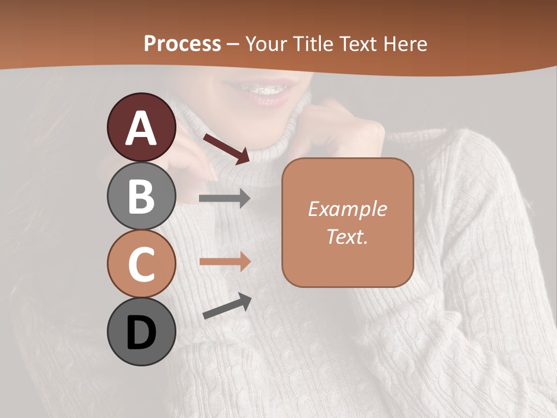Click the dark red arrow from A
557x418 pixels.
(x=226, y=148)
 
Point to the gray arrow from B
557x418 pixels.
(x=225, y=199)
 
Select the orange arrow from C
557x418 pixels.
(x=225, y=261)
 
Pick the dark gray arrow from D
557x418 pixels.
(x=227, y=307)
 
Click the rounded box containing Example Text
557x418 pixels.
(x=348, y=222)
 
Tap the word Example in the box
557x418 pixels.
(x=348, y=209)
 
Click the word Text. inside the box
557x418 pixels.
(x=348, y=236)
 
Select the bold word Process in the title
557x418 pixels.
(x=182, y=44)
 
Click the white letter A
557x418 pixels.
(x=142, y=128)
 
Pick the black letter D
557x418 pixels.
(x=142, y=333)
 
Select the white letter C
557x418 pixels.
(x=142, y=264)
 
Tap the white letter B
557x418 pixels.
(x=142, y=196)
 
